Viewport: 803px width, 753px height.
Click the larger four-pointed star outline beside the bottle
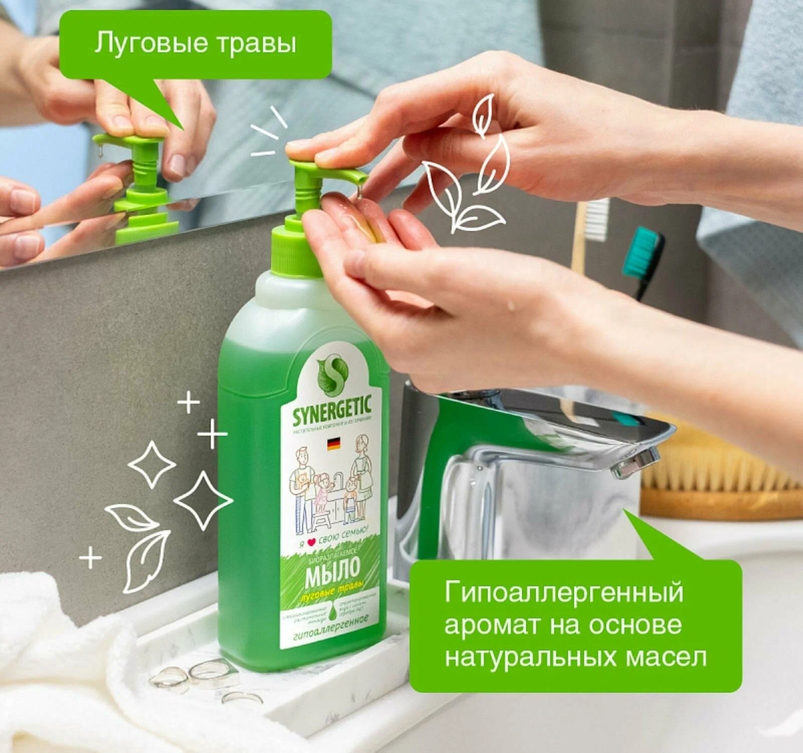[203, 500]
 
